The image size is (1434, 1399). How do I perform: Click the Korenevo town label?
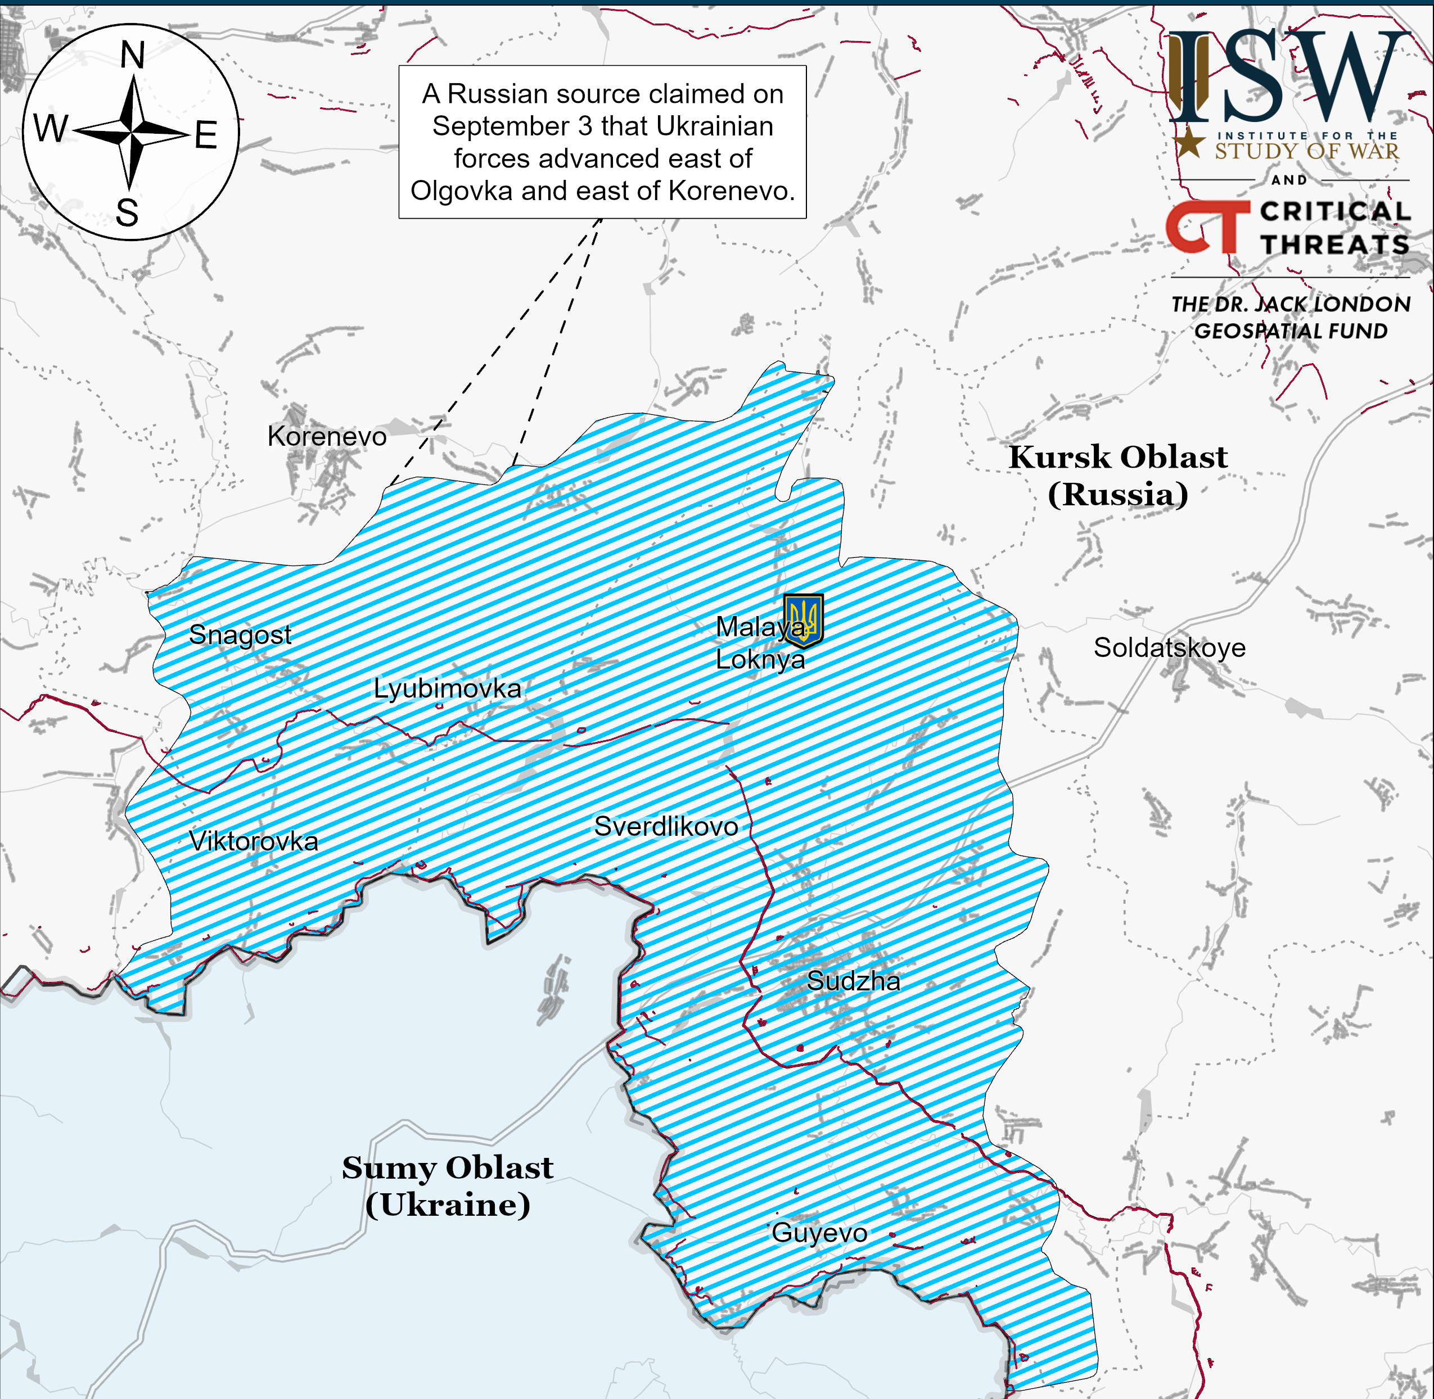pos(326,437)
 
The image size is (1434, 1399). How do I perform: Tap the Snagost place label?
pos(240,635)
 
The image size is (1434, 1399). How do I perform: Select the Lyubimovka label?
pos(447,689)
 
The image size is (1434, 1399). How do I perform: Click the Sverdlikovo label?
pos(666,827)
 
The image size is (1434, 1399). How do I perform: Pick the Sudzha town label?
pos(853,981)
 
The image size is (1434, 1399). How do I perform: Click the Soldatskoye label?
pos(1169,648)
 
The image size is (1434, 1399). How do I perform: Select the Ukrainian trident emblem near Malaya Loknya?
pos(804,620)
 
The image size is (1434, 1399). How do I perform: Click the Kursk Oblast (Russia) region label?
pos(1118,476)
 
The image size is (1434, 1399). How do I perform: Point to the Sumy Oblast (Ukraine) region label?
pos(448,1186)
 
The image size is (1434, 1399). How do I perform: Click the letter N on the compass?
pos(132,56)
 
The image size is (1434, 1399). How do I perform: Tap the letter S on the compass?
pos(127,214)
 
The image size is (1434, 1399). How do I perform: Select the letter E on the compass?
pos(206,136)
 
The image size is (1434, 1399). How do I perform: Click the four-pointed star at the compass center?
pos(132,134)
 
